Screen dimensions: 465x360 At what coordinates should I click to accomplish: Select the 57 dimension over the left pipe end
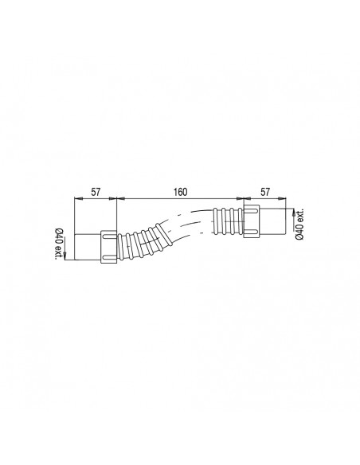coord(95,192)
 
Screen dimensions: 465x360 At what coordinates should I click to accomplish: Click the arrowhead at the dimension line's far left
coord(76,199)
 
